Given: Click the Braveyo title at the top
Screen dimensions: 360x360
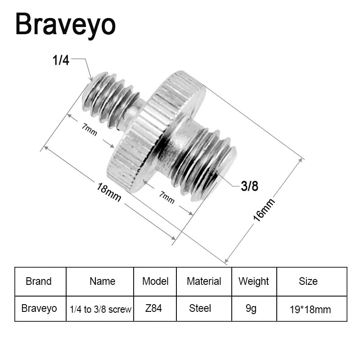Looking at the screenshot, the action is (65, 25).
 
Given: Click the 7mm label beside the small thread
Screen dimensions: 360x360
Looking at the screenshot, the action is (89, 129).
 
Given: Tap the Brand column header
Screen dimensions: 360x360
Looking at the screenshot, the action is (39, 282).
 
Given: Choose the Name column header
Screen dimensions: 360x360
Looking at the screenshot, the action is (102, 282).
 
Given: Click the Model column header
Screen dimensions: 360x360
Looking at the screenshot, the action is (155, 282).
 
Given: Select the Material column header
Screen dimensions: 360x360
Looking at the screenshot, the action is (204, 282).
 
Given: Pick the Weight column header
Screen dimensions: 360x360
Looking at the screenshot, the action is (253, 282).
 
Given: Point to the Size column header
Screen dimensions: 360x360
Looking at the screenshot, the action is (308, 282).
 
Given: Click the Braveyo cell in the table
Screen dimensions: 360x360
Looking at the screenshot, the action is (39, 308).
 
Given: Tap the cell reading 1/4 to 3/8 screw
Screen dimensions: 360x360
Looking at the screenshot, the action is (100, 309).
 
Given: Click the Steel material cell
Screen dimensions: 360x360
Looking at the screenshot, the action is (200, 308).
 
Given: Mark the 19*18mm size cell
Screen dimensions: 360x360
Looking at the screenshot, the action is (310, 309).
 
